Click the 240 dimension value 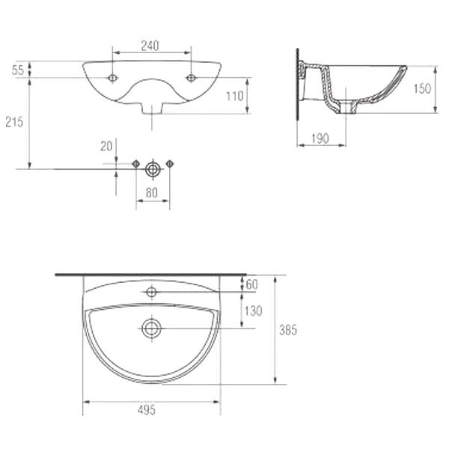[x=150, y=46]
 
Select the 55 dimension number [x=17, y=70]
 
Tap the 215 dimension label [x=14, y=122]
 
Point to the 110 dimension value [x=235, y=97]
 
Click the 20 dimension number [x=106, y=147]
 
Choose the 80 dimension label [x=152, y=193]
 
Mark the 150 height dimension [x=422, y=89]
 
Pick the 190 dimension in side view [x=320, y=139]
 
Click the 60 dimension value [x=252, y=284]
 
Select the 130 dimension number [x=254, y=311]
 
